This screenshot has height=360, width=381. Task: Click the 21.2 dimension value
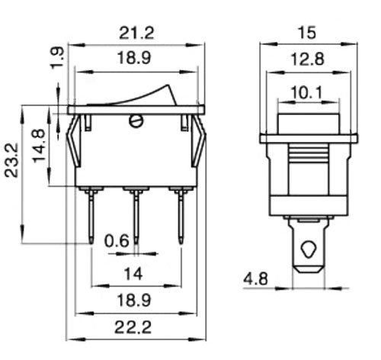click(137, 33)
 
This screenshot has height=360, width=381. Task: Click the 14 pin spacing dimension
click(137, 272)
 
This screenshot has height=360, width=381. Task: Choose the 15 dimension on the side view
click(309, 33)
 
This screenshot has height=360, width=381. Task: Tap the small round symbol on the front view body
click(136, 121)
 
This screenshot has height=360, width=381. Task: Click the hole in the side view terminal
click(309, 249)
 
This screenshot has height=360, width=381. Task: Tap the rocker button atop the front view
click(137, 95)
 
